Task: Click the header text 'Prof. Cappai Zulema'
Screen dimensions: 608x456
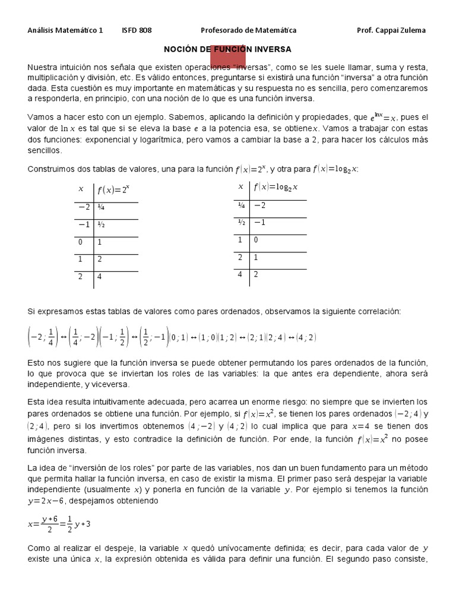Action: pos(391,30)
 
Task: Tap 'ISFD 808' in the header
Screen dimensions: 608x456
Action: pos(136,30)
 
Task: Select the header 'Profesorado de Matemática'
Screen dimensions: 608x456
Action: pos(249,30)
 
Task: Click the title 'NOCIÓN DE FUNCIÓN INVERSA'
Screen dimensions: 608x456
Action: pos(227,49)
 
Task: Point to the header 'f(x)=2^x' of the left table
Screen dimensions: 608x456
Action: pos(113,191)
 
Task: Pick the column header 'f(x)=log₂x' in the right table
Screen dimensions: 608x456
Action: pos(275,187)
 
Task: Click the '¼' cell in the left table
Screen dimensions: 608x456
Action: pos(102,208)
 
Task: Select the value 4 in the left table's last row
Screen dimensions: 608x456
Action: pos(100,277)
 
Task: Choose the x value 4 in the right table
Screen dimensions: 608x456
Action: pos(241,274)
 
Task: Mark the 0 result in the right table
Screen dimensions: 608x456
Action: pos(256,240)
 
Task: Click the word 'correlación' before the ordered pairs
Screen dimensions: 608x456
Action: pos(379,311)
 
